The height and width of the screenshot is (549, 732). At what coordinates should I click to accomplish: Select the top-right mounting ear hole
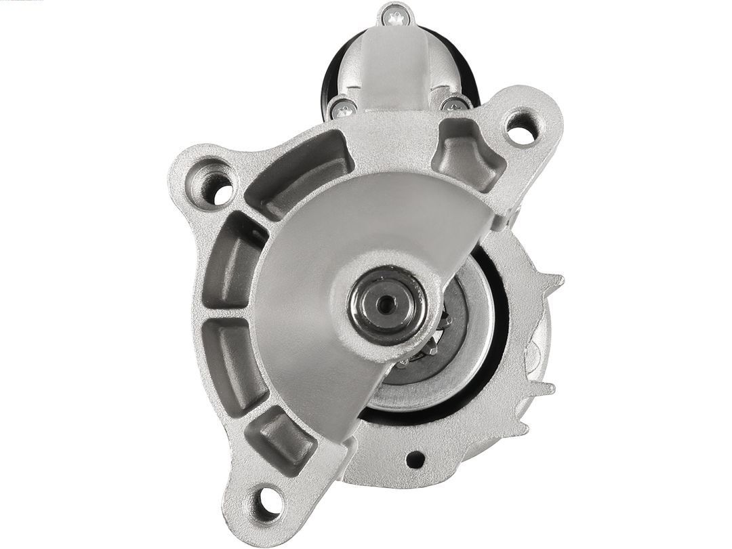(x=521, y=128)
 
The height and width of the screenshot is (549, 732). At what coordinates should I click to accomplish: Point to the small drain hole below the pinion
(x=415, y=460)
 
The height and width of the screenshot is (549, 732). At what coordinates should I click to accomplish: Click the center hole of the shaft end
(x=386, y=304)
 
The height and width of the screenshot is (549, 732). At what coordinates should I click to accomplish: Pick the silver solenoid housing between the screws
(x=396, y=68)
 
